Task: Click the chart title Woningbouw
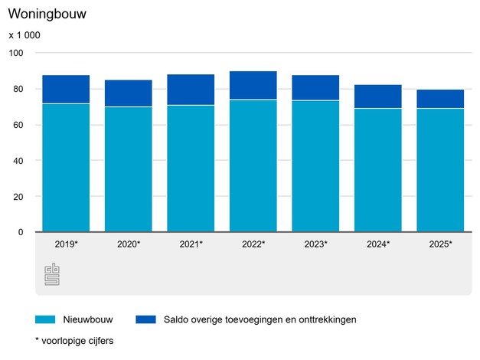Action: [x=48, y=14]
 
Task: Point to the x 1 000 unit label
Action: [x=24, y=35]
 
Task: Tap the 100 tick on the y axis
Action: [x=17, y=53]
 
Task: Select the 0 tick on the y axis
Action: [x=21, y=232]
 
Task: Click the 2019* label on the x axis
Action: [x=66, y=244]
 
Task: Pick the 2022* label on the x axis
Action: [x=253, y=244]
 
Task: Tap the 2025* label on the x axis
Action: [x=440, y=244]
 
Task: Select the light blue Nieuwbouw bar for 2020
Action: [x=129, y=169]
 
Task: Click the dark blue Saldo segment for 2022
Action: [x=253, y=85]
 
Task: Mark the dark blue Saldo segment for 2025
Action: [x=440, y=99]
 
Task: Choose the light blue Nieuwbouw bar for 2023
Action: [x=315, y=166]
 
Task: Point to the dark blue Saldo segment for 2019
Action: [x=66, y=89]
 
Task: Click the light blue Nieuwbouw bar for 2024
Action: [x=378, y=170]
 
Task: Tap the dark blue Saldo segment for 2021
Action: [x=191, y=90]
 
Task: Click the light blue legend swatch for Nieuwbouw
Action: [x=46, y=319]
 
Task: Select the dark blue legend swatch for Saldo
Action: [x=145, y=319]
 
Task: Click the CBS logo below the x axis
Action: [x=52, y=273]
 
